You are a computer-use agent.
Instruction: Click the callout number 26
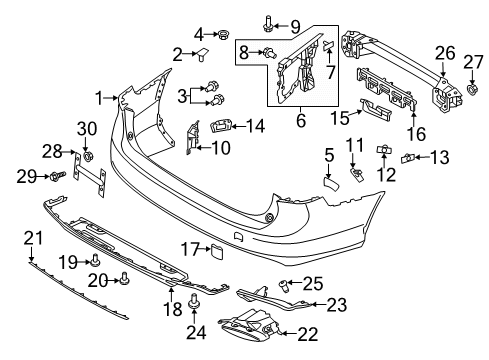point(445,53)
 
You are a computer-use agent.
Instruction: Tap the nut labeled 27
point(471,89)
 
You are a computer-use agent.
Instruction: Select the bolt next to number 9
point(268,24)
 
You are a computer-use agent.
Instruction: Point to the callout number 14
point(256,126)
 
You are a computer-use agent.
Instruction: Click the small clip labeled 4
point(222,34)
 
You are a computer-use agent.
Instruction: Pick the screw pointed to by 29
point(57,176)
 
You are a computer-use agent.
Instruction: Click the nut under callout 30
point(88,155)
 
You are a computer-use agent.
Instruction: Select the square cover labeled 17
point(216,252)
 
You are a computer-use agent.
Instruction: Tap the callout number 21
point(34,238)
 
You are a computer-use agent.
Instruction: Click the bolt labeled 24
point(193,301)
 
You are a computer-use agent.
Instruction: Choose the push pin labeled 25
point(283,286)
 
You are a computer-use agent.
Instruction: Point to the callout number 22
point(308,334)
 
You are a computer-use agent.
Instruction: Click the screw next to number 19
point(96,260)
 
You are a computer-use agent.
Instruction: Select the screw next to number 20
point(125,279)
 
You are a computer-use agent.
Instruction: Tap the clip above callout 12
point(384,150)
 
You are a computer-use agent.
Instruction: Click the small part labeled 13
point(407,158)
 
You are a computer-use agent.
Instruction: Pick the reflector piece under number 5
point(331,184)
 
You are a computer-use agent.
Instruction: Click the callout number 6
point(301,120)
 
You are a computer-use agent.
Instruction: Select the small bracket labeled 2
point(203,54)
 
